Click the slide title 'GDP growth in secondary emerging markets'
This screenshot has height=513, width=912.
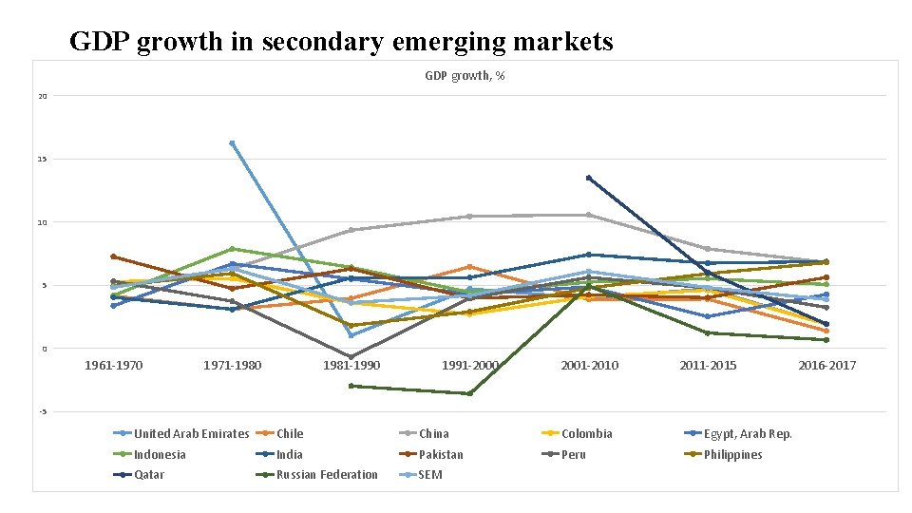tap(341, 42)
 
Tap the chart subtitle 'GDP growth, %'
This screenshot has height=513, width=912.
tap(465, 75)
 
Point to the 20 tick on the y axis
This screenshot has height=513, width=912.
tap(43, 96)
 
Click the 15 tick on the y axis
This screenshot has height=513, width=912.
tap(43, 159)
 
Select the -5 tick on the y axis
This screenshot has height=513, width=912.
tap(43, 411)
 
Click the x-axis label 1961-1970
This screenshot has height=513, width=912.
tap(113, 365)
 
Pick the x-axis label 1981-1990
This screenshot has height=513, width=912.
tap(351, 365)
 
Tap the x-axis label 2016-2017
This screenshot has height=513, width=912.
tap(826, 365)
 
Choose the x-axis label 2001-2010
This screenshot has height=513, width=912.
tap(589, 365)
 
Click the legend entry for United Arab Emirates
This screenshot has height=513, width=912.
tap(191, 434)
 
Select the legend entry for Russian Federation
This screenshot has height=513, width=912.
tap(327, 475)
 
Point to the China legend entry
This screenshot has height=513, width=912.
tap(433, 434)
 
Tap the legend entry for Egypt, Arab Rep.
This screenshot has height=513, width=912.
tap(747, 434)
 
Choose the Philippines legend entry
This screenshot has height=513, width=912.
tap(732, 454)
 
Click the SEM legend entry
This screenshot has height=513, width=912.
tap(430, 475)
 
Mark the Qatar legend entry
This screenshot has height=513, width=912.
tap(149, 475)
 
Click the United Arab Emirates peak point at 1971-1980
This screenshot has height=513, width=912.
tap(232, 143)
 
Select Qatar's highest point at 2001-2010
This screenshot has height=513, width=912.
tap(589, 178)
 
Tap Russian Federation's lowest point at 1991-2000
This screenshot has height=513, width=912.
tap(469, 393)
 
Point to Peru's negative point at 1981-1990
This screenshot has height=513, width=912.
tap(351, 357)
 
